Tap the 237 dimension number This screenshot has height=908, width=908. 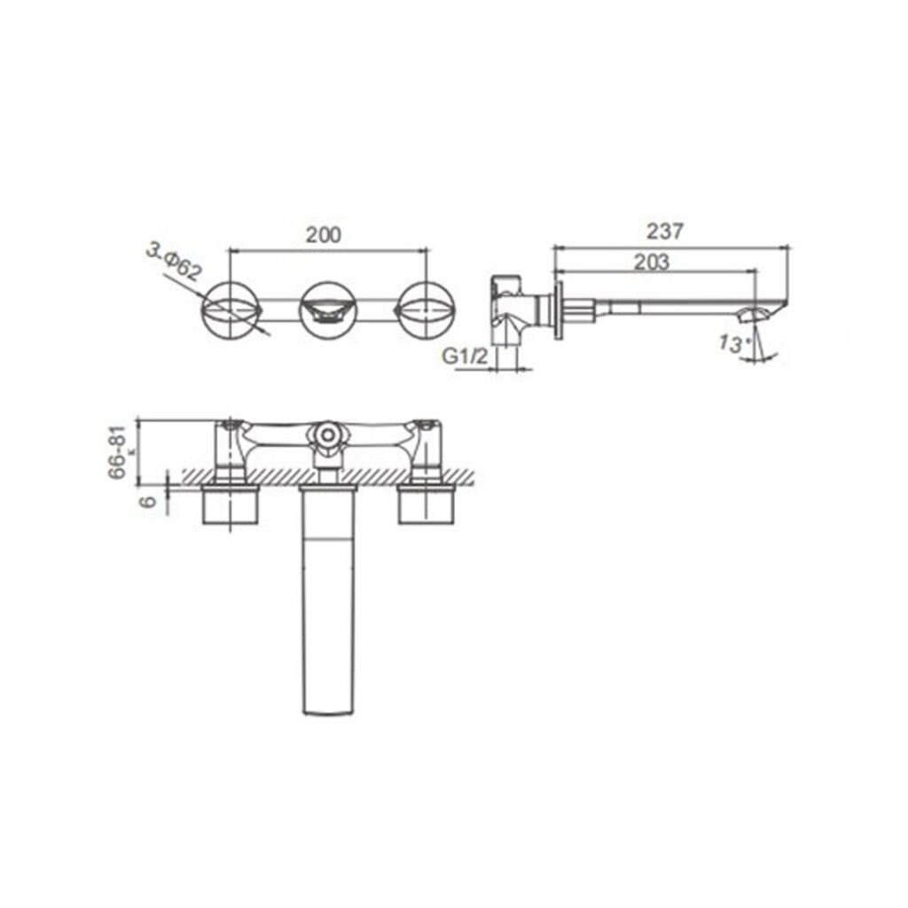[665, 231]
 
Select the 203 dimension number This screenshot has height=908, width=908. [652, 262]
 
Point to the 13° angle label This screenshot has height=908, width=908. [732, 344]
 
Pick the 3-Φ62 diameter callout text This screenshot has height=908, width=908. [173, 262]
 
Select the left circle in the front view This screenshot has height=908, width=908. [231, 311]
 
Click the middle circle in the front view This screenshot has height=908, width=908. [328, 311]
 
